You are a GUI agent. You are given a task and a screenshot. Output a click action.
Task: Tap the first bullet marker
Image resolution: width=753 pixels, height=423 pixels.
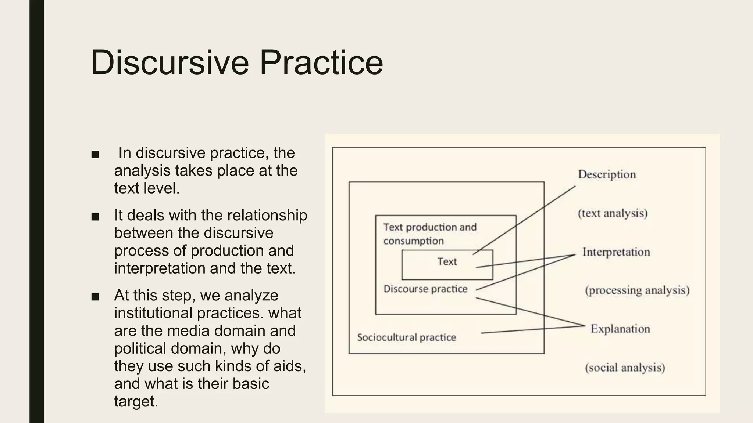click(95, 154)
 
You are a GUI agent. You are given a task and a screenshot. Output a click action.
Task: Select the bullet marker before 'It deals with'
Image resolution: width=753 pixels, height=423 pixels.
click(95, 217)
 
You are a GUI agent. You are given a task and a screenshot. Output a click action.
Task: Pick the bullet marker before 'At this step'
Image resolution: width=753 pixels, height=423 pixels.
click(95, 297)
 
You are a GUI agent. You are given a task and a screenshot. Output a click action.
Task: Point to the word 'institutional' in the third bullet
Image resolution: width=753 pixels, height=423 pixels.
click(153, 313)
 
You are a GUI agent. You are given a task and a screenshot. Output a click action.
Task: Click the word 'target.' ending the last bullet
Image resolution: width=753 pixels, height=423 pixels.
click(136, 401)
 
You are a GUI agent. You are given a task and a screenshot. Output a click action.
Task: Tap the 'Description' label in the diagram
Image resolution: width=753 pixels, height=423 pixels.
click(607, 174)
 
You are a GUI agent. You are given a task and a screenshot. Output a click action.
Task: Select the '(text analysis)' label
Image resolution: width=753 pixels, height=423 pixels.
click(613, 213)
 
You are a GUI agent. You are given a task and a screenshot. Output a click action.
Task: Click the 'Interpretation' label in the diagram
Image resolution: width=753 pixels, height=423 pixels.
click(616, 252)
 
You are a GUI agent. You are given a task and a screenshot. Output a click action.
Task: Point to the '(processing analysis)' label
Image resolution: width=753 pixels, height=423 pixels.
click(637, 290)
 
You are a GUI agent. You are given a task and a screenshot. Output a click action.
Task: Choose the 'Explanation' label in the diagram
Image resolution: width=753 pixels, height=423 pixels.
click(620, 329)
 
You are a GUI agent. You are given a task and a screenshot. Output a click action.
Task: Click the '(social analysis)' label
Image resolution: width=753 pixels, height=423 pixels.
click(625, 368)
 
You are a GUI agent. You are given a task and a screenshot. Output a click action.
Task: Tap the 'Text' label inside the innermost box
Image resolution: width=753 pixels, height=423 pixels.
click(447, 261)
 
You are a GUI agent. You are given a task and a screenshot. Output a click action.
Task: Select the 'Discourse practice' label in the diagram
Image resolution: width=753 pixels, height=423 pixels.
click(425, 289)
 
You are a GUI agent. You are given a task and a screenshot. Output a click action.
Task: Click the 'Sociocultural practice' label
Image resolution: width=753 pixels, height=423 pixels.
click(406, 337)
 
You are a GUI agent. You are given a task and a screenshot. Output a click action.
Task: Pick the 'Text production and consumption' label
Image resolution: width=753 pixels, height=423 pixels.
click(429, 234)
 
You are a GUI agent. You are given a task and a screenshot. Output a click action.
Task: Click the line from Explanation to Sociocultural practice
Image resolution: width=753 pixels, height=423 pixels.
click(533, 329)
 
